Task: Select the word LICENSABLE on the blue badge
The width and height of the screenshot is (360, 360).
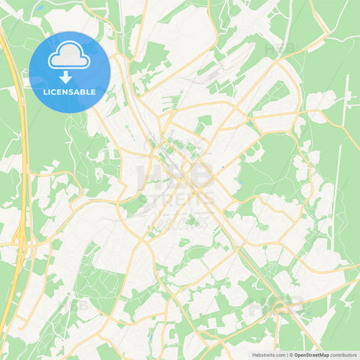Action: click(x=69, y=91)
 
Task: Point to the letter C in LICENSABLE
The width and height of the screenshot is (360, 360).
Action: click(x=57, y=91)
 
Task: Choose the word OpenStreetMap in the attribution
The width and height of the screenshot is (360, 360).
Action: click(x=311, y=355)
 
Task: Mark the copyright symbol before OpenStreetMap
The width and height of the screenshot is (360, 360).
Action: click(x=290, y=355)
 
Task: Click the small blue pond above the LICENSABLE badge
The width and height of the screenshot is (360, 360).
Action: click(x=39, y=9)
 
